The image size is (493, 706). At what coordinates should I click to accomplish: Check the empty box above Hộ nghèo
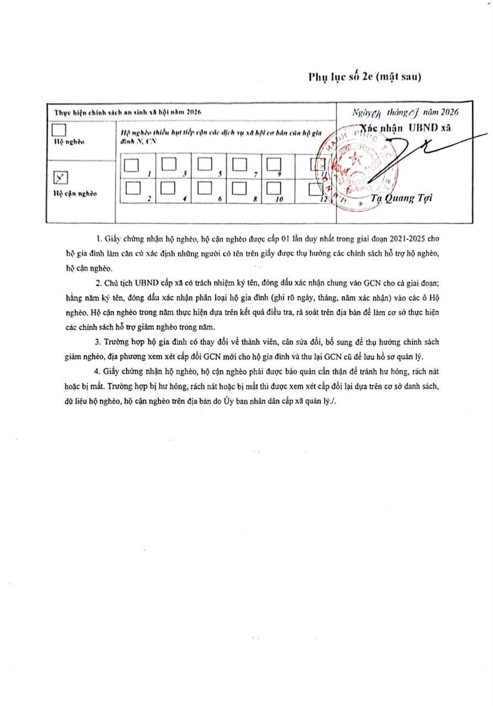(x=58, y=131)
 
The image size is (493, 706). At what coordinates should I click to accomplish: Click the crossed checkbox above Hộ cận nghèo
(x=61, y=178)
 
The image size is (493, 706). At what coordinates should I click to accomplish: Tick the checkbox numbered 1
(x=131, y=165)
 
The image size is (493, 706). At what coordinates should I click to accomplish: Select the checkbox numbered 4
(x=168, y=188)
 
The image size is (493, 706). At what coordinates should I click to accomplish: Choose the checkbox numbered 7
(x=239, y=164)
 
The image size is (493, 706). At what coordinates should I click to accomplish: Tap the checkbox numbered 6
(x=204, y=188)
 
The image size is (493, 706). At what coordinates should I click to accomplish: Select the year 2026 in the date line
(x=446, y=112)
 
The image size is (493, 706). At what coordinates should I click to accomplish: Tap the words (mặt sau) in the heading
(x=399, y=77)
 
